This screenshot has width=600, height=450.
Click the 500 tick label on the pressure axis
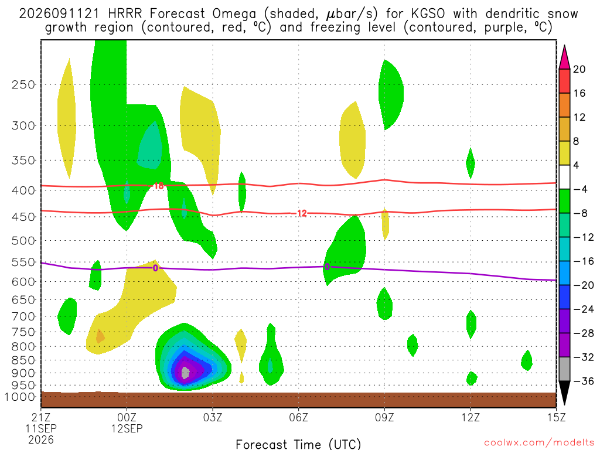pyautogui.click(x=23, y=241)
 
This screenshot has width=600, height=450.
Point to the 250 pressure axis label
pyautogui.click(x=23, y=84)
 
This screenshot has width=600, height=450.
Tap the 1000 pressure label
pyautogui.click(x=21, y=397)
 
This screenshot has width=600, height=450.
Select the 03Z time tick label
pyautogui.click(x=213, y=417)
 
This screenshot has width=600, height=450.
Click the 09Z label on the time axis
pyautogui.click(x=384, y=417)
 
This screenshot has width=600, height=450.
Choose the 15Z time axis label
pyautogui.click(x=556, y=417)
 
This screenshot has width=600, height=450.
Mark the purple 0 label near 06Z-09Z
pyautogui.click(x=327, y=267)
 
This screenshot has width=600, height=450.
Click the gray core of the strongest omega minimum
pyautogui.click(x=185, y=372)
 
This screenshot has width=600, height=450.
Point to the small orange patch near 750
pyautogui.click(x=100, y=336)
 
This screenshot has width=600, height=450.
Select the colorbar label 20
pyautogui.click(x=579, y=69)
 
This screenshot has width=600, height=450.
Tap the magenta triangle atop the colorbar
pyautogui.click(x=564, y=58)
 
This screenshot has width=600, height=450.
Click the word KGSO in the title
pyautogui.click(x=428, y=14)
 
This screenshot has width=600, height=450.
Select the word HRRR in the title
pyautogui.click(x=125, y=14)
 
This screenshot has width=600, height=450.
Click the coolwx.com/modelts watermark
pyautogui.click(x=539, y=443)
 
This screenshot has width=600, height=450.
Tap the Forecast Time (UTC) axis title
pyautogui.click(x=298, y=444)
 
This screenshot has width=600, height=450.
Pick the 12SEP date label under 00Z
pyautogui.click(x=127, y=428)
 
